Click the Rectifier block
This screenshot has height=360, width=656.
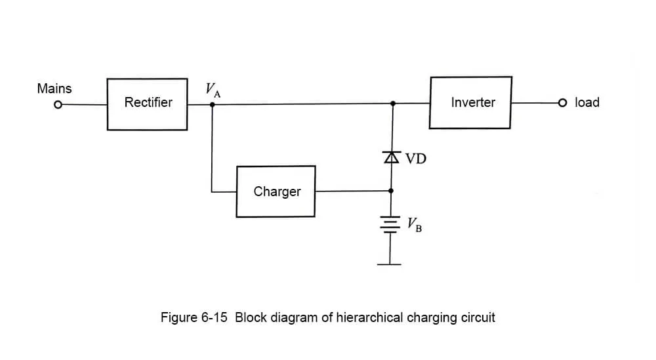[148, 104]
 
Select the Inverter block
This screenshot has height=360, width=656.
[471, 102]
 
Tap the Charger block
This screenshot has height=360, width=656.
[276, 191]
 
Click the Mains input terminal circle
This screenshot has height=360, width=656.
[58, 104]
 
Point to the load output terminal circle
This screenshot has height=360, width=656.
[562, 103]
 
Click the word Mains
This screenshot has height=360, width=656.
[54, 89]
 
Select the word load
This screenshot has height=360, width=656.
[587, 102]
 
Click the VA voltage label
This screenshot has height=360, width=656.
[213, 89]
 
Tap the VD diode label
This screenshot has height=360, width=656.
[416, 158]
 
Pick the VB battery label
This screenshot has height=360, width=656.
[414, 224]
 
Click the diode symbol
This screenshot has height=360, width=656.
[392, 157]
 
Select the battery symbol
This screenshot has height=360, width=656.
[392, 224]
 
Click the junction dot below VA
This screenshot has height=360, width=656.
[212, 104]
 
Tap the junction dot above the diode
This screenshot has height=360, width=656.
[392, 104]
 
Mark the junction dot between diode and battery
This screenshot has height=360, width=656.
[392, 191]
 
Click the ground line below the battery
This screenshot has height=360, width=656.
[391, 264]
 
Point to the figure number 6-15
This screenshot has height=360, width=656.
[213, 318]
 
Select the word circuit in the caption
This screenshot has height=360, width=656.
[477, 318]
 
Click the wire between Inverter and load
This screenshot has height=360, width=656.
[535, 103]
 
